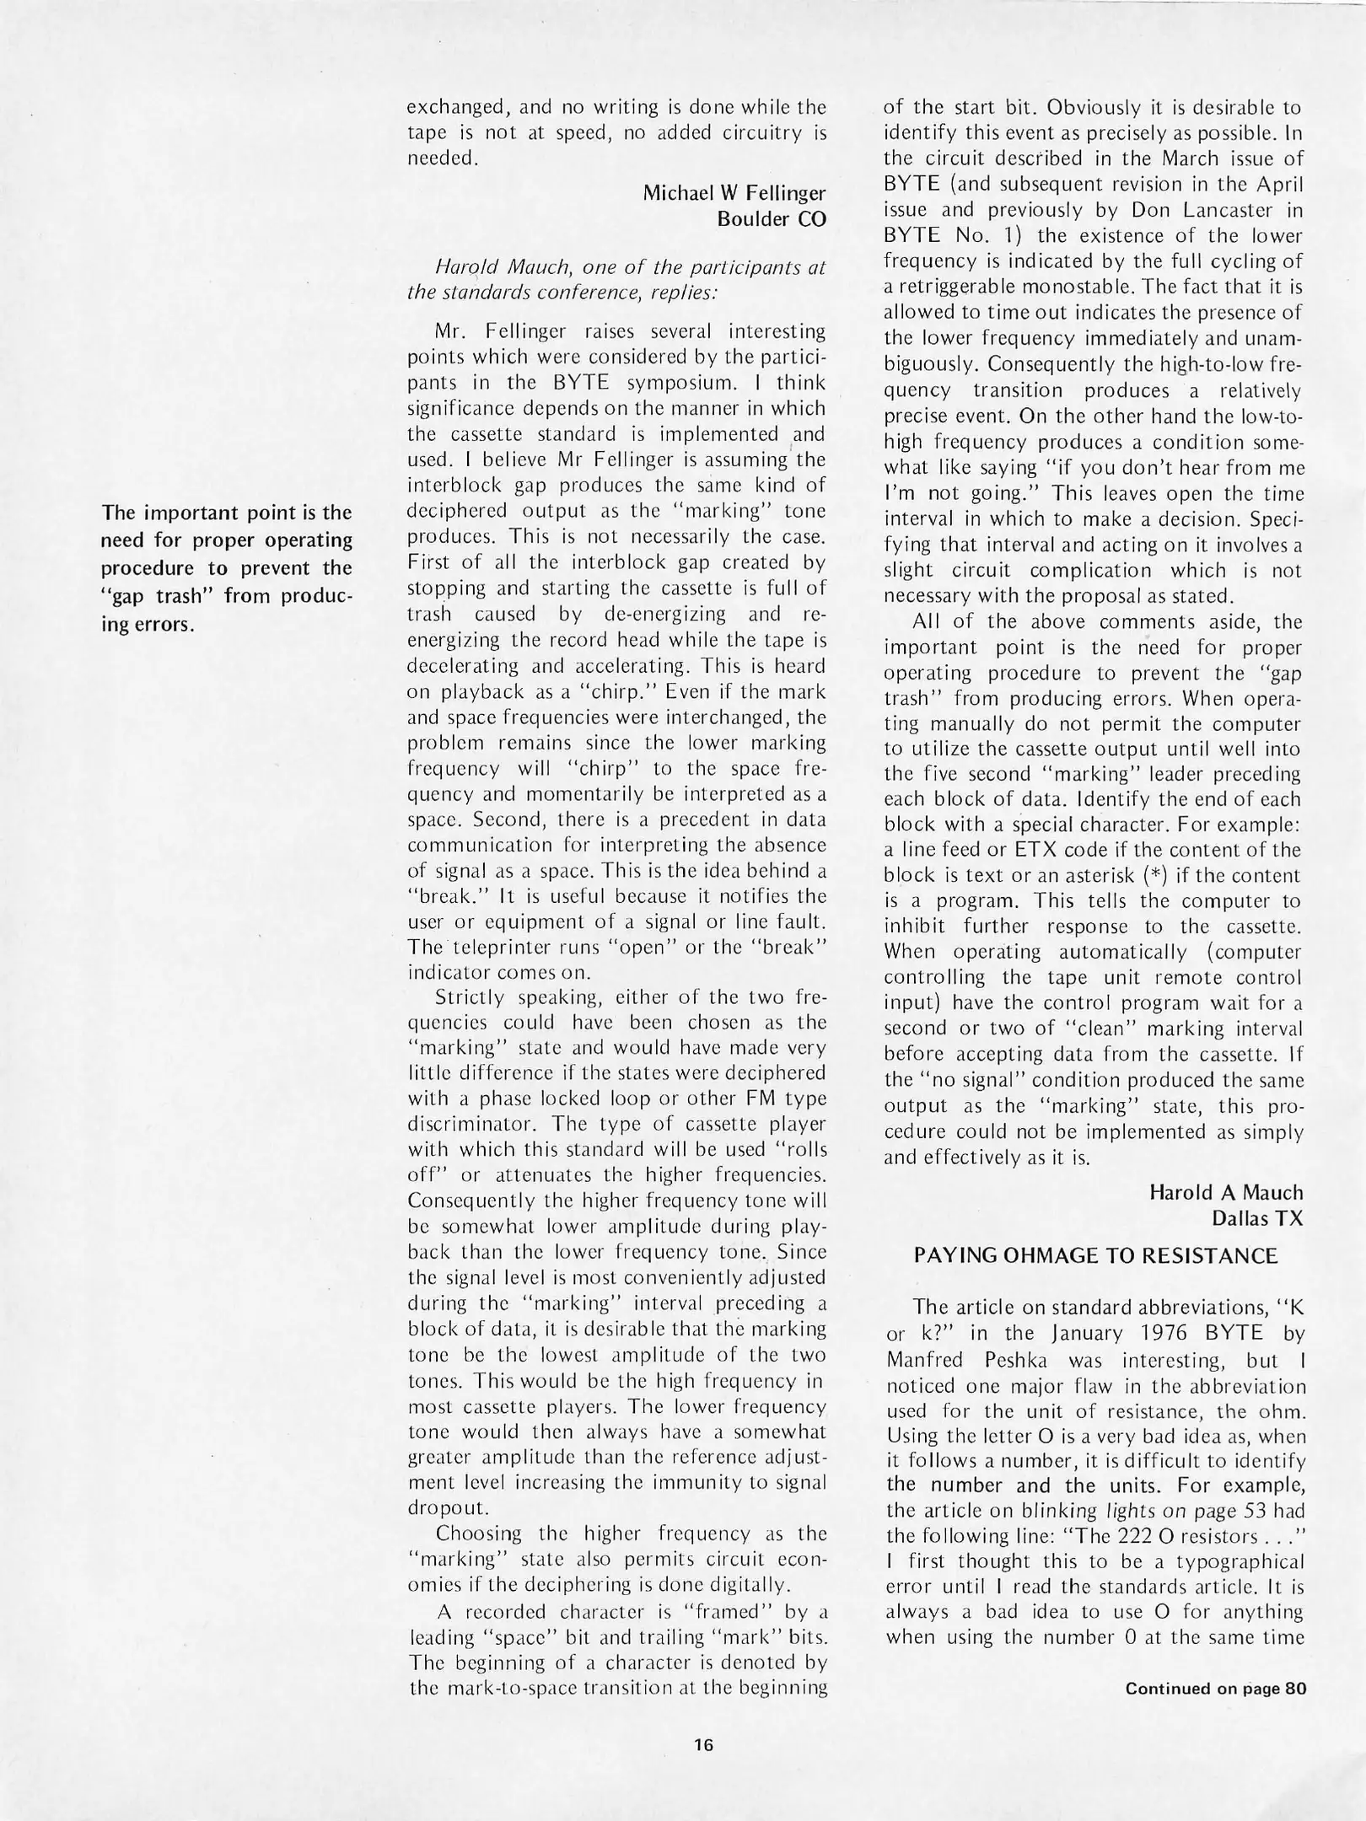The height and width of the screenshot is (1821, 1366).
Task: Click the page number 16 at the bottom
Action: (x=704, y=1745)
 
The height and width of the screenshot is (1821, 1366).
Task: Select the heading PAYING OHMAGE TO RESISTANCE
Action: (x=1095, y=1256)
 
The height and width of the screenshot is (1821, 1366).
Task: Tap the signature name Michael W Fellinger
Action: (x=734, y=193)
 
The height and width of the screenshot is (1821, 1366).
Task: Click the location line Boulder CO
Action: (x=771, y=219)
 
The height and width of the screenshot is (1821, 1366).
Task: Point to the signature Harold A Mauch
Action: (x=1225, y=1192)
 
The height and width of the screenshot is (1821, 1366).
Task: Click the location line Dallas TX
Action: (x=1256, y=1218)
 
